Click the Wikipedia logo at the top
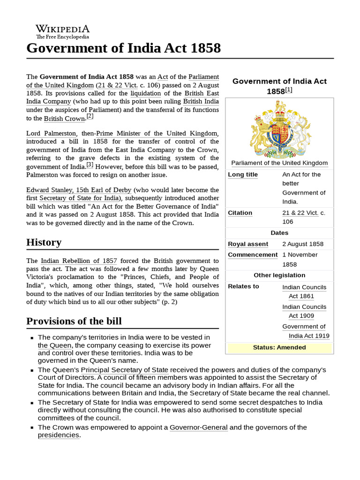(x=62, y=31)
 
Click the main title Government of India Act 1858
(x=123, y=48)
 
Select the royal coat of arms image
(x=279, y=128)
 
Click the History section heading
(x=44, y=242)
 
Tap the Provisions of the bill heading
(x=74, y=321)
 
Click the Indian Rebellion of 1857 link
(x=79, y=261)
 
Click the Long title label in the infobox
(x=242, y=174)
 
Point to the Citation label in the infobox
(x=240, y=213)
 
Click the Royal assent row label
(x=248, y=244)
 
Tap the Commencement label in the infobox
(x=252, y=255)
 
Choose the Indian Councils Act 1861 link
(x=304, y=292)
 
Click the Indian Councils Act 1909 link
(x=304, y=311)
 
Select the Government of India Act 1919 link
(x=305, y=331)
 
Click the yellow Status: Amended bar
(x=279, y=347)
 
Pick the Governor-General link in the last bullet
(x=198, y=427)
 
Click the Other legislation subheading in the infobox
(x=279, y=275)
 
